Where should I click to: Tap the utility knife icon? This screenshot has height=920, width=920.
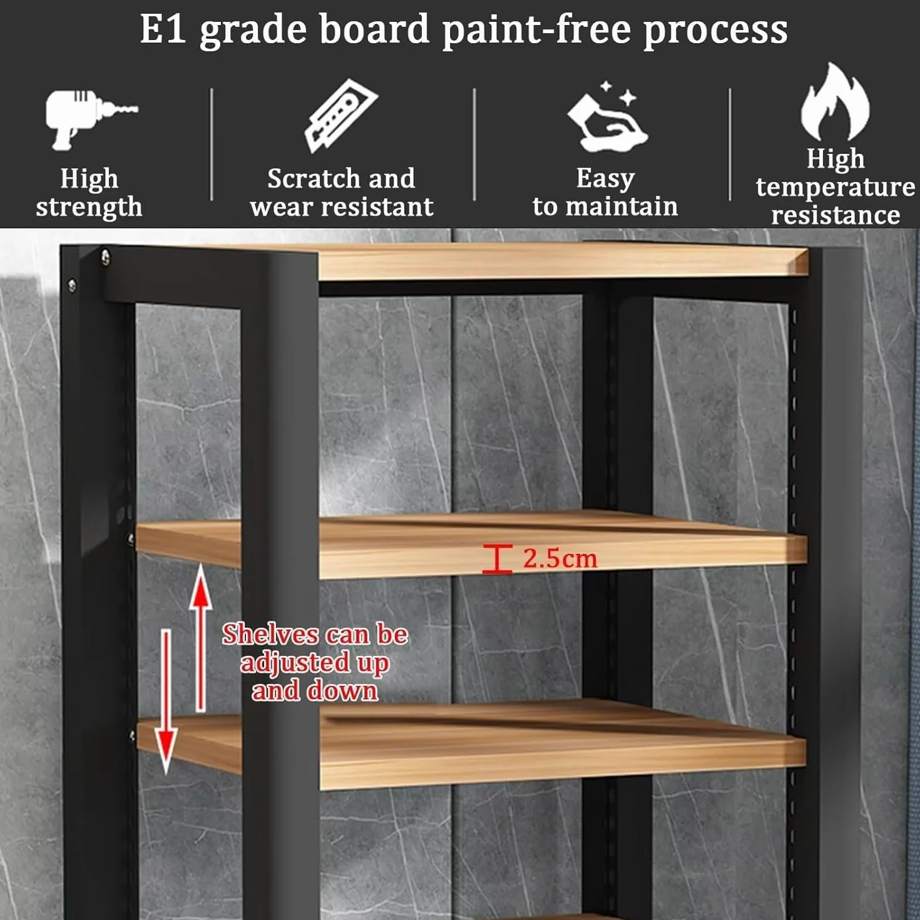(341, 116)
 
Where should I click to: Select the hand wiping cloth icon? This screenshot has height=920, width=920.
(607, 118)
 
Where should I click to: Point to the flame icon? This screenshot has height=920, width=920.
(835, 102)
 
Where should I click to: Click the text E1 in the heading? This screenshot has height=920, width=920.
(163, 29)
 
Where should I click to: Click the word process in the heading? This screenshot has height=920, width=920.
(715, 31)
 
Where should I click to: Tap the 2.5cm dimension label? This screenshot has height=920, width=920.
(560, 559)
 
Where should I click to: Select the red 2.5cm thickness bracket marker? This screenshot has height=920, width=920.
(497, 559)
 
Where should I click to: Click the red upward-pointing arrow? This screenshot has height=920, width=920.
(200, 638)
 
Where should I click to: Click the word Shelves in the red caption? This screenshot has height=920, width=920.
(270, 635)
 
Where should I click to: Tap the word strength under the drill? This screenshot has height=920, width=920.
(89, 207)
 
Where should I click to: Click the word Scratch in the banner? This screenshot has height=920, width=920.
(314, 178)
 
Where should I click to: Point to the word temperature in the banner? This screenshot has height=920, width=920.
(836, 187)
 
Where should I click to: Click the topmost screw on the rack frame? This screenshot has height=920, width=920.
(106, 257)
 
